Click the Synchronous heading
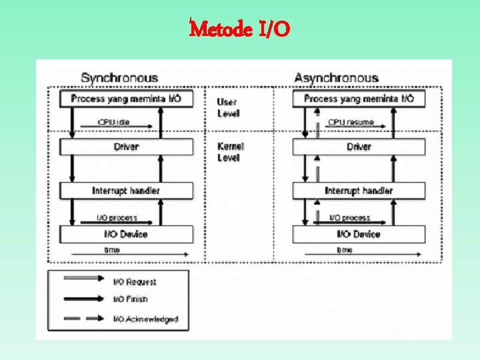pos(119,78)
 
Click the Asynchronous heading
pos(336,78)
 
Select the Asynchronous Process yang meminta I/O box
pos(359,99)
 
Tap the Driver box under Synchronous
pos(126,147)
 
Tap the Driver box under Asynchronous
pos(359,147)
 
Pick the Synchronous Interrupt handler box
pos(126,191)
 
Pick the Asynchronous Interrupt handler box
pos(359,191)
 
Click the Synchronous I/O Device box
pos(126,234)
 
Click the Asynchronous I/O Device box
pos(359,234)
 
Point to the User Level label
pos(228,108)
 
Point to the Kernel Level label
pos(231,152)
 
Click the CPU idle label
pos(115,123)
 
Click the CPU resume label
pos(351,123)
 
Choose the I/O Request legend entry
pos(134,282)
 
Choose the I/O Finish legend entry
pos(130,299)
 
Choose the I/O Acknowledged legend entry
pos(145,319)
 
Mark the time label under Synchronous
pos(112,250)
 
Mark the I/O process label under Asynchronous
pos(351,218)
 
